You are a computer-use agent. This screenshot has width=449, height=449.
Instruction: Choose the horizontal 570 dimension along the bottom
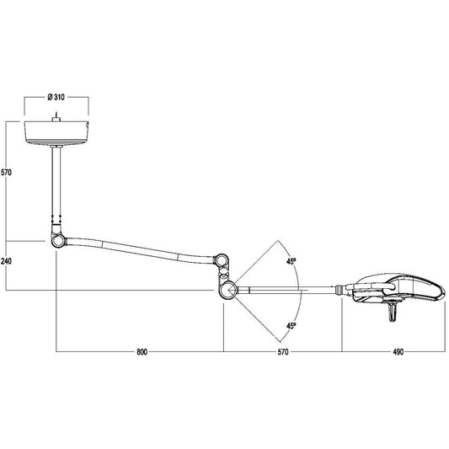click(x=282, y=352)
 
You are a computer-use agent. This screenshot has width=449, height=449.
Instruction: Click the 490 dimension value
click(x=394, y=352)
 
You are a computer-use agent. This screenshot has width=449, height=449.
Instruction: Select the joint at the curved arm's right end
click(x=222, y=263)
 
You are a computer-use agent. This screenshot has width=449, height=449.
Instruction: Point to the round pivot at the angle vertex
click(x=228, y=291)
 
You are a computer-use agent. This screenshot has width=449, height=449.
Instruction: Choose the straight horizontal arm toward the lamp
click(x=286, y=291)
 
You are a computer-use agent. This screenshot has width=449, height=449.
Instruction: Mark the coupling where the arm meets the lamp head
click(x=342, y=291)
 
